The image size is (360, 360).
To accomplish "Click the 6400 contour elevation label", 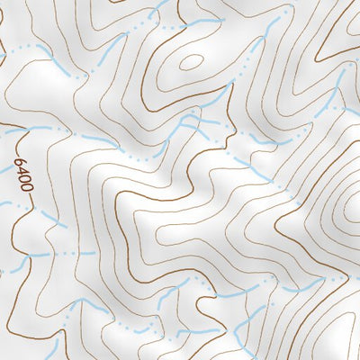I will (24, 176).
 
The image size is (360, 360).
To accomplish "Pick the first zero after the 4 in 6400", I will (25, 180).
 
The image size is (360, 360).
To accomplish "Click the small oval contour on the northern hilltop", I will (192, 61).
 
